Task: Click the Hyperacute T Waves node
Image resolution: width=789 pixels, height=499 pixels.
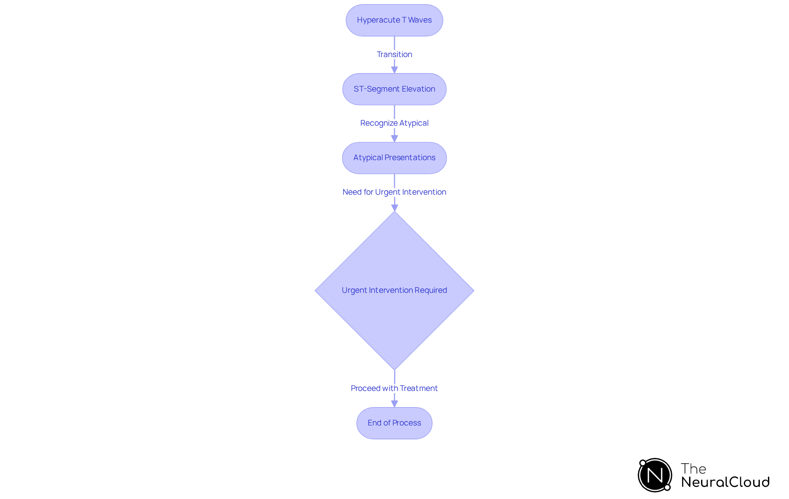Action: pos(394,20)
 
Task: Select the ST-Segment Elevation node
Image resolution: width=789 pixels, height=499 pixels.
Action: pos(394,89)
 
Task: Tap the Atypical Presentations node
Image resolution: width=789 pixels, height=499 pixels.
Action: pos(394,158)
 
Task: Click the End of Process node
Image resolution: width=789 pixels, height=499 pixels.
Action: pos(394,423)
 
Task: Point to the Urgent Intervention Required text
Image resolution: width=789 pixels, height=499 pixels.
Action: pos(394,290)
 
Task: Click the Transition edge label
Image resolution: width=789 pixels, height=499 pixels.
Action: pos(394,55)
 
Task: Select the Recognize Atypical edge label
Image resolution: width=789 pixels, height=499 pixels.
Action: pos(394,123)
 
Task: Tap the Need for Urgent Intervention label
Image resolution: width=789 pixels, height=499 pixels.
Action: pos(394,192)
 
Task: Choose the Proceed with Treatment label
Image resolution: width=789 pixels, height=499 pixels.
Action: pos(394,389)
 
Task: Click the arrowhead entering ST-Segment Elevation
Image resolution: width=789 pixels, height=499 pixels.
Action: pos(394,70)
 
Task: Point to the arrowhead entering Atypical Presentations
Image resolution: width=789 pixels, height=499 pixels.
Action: pos(394,139)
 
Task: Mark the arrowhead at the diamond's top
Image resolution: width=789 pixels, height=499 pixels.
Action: pos(394,208)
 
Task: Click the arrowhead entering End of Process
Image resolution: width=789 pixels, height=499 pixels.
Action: pos(394,404)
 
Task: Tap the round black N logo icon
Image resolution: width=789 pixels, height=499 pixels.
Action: pos(655,475)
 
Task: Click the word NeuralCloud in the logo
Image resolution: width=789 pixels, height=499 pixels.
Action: pos(725,482)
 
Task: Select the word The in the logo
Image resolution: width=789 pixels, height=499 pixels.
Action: pos(693,469)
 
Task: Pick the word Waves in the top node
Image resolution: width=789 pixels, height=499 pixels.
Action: pos(420,20)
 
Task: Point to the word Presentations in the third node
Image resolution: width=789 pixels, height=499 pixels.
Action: pos(410,158)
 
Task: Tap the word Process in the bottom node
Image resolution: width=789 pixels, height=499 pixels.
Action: pos(406,423)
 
